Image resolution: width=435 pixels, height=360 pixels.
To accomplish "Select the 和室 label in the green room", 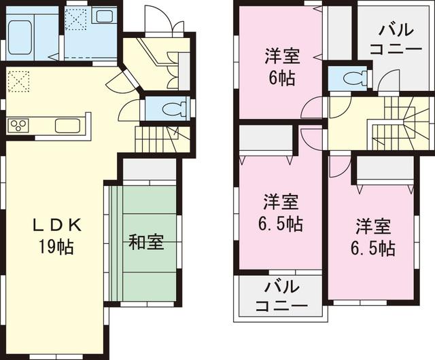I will [146, 242].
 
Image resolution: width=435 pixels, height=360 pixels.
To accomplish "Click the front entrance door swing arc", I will [163, 16].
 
